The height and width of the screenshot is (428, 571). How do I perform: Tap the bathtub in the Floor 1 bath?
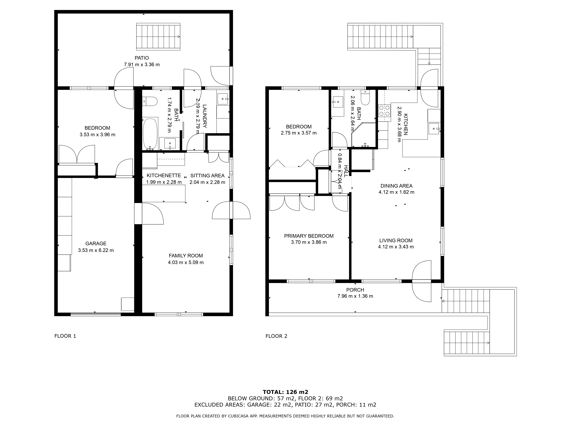(150, 134)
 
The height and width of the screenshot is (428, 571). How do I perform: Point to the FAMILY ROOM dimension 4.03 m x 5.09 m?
(186, 262)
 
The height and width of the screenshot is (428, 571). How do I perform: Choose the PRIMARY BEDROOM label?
(309, 236)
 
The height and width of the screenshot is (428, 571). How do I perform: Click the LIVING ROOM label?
(396, 240)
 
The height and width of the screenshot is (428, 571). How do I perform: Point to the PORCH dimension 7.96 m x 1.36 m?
(355, 296)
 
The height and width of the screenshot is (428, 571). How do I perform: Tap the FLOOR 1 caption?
(65, 336)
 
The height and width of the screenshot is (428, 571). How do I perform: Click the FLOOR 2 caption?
(276, 336)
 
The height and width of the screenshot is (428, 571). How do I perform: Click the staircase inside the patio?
(158, 36)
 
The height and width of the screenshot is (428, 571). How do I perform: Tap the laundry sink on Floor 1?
(223, 99)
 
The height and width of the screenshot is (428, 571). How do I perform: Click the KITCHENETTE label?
(164, 175)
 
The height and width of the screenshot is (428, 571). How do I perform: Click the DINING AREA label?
(397, 186)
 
